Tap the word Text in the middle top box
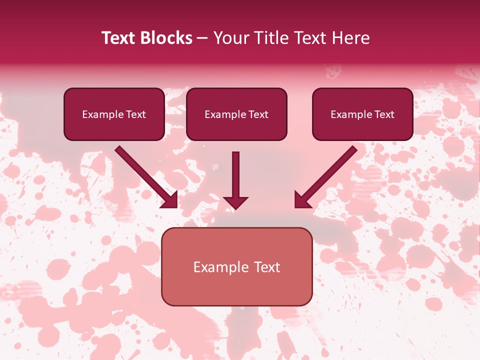click(258, 114)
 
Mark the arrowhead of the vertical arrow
click(235, 202)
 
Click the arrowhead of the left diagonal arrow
click(170, 200)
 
